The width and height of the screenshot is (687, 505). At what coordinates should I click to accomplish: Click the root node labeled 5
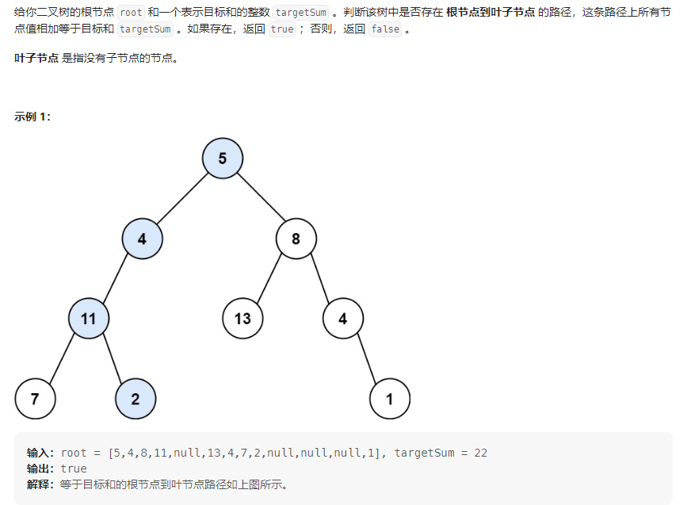[x=223, y=159]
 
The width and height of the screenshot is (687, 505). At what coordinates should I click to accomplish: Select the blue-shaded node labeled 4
[x=142, y=238]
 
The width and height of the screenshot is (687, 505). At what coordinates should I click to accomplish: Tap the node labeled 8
[x=296, y=238]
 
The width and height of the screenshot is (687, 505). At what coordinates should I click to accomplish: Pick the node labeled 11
[x=88, y=319]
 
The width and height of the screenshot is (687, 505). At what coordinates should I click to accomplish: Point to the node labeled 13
[x=242, y=319]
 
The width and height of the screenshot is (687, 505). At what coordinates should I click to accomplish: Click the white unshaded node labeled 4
[x=343, y=319]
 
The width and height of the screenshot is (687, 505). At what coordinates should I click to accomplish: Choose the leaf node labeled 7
[x=35, y=399]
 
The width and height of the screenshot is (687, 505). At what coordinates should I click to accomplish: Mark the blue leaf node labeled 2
[x=135, y=399]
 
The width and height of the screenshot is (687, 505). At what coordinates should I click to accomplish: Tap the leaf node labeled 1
[x=389, y=399]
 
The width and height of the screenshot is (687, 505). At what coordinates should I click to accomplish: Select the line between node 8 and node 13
[x=269, y=278]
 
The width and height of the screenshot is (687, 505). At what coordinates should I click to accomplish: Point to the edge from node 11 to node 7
[x=62, y=358]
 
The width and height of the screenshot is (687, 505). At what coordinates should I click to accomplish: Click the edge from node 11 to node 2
[x=112, y=358]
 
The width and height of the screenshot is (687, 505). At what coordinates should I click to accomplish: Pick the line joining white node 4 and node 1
[x=366, y=358]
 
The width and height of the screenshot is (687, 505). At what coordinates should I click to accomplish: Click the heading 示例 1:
[x=32, y=117]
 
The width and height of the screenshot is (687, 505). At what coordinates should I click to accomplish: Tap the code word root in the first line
[x=132, y=13]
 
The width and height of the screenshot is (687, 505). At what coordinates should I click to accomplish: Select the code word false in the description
[x=386, y=29]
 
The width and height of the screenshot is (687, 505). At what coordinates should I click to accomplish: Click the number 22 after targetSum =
[x=480, y=453]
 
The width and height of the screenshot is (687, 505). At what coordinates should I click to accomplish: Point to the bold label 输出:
[x=41, y=469]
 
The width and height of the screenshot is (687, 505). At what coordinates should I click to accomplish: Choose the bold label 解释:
[x=41, y=484]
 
